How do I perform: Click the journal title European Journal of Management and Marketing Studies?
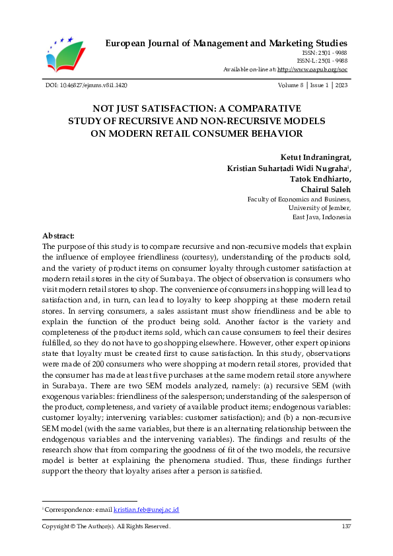pyautogui.click(x=227, y=44)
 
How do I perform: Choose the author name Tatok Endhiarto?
pyautogui.click(x=320, y=179)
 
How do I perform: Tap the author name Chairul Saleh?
pyautogui.click(x=326, y=190)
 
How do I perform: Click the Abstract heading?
pyautogui.click(x=58, y=236)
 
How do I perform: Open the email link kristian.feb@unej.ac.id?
pyautogui.click(x=146, y=510)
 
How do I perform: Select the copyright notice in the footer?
pyautogui.click(x=106, y=526)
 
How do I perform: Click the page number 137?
pyautogui.click(x=346, y=526)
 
